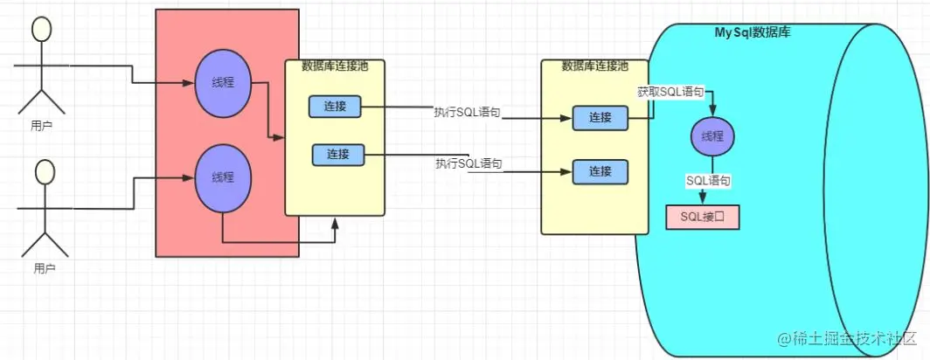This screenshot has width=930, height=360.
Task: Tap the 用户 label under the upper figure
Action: click(42, 127)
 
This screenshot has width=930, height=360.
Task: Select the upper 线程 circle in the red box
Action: click(222, 84)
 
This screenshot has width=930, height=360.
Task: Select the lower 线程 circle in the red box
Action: click(222, 177)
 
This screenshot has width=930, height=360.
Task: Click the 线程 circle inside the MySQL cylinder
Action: click(711, 137)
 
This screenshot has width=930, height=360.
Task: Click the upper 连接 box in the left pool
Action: click(335, 107)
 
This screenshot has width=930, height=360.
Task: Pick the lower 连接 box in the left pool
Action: click(338, 155)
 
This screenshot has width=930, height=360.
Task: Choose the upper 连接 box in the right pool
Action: click(600, 118)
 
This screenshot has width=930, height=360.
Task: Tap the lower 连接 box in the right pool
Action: click(600, 171)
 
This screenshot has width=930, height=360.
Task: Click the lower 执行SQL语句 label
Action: click(468, 163)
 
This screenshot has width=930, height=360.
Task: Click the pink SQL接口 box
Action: click(703, 218)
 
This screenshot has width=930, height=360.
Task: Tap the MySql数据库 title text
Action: click(753, 32)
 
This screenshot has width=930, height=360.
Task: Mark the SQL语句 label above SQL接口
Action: click(709, 180)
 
